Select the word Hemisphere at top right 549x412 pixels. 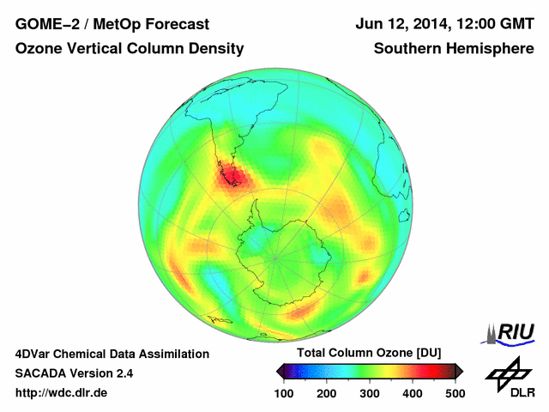[x=492, y=49]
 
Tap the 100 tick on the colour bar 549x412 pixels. [x=283, y=393]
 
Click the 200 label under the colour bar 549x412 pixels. [x=326, y=393]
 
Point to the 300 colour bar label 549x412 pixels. [x=369, y=393]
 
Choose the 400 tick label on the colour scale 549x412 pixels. [x=412, y=393]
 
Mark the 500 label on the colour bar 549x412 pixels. [x=455, y=393]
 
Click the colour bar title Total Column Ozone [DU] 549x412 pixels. [x=368, y=353]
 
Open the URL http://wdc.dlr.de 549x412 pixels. [x=62, y=393]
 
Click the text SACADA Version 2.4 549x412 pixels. [x=74, y=373]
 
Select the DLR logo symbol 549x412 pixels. [x=506, y=371]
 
